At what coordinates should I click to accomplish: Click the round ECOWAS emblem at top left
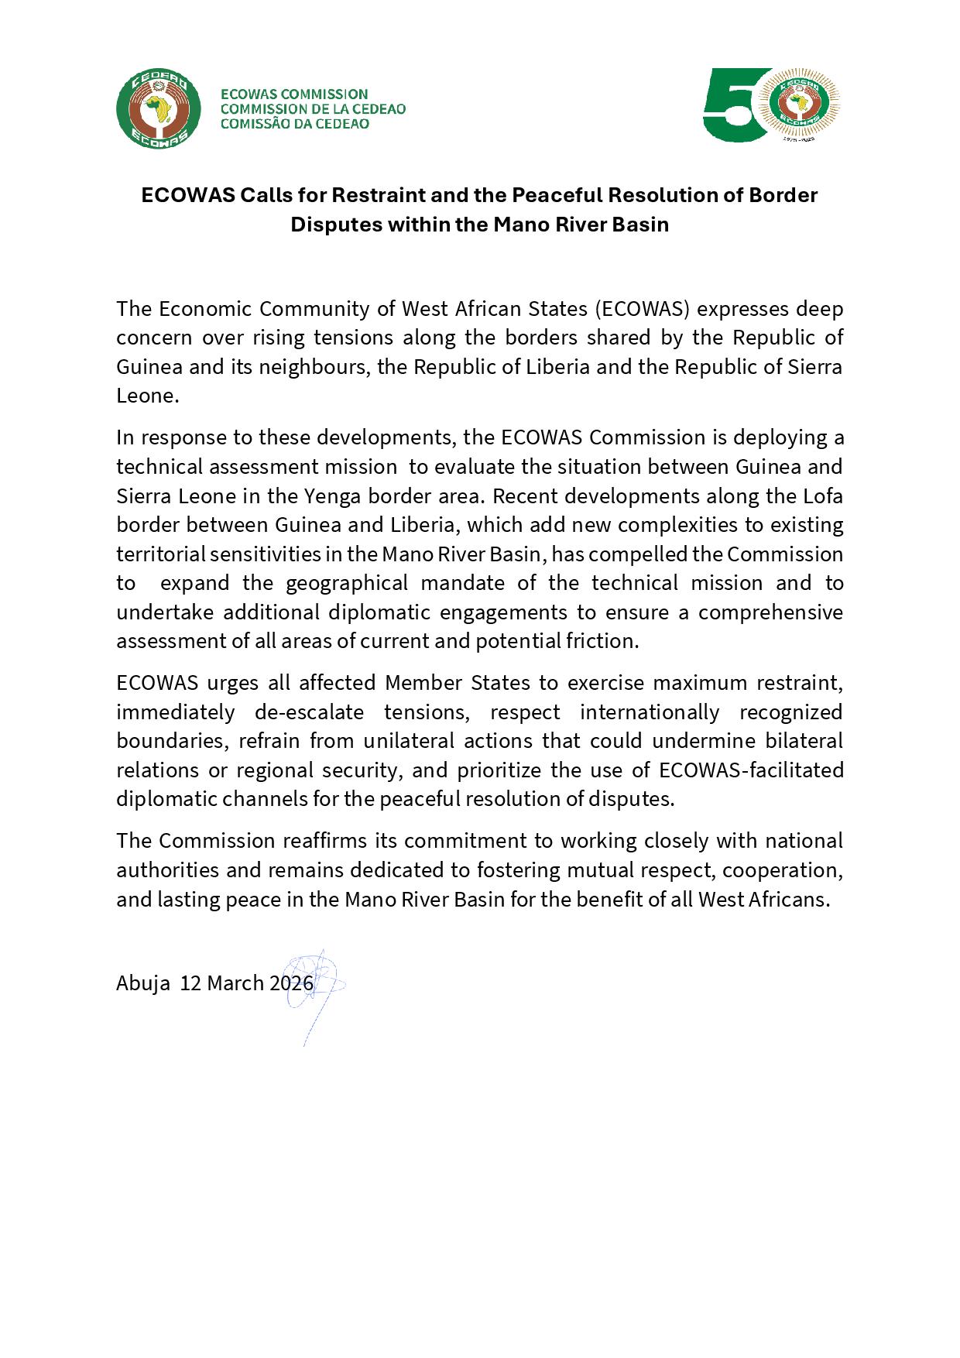click(x=158, y=109)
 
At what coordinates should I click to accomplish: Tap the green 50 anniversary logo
click(x=771, y=105)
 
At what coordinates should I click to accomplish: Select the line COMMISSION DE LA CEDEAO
click(x=313, y=109)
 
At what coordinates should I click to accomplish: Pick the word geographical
click(x=347, y=583)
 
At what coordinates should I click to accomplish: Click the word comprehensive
click(x=770, y=612)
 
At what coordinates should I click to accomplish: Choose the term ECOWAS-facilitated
click(x=751, y=770)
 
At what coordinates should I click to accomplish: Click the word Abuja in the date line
click(x=143, y=983)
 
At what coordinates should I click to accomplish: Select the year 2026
click(x=291, y=983)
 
